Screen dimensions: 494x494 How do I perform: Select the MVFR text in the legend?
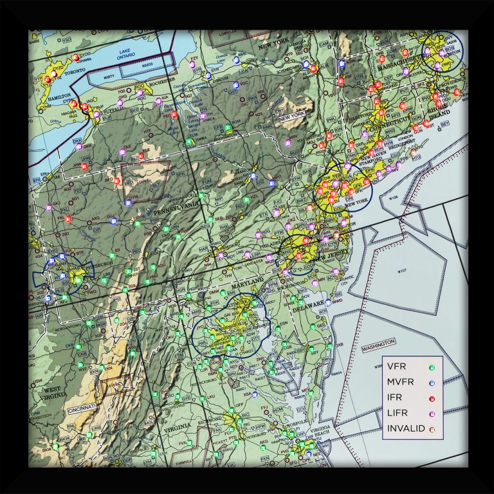400,383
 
